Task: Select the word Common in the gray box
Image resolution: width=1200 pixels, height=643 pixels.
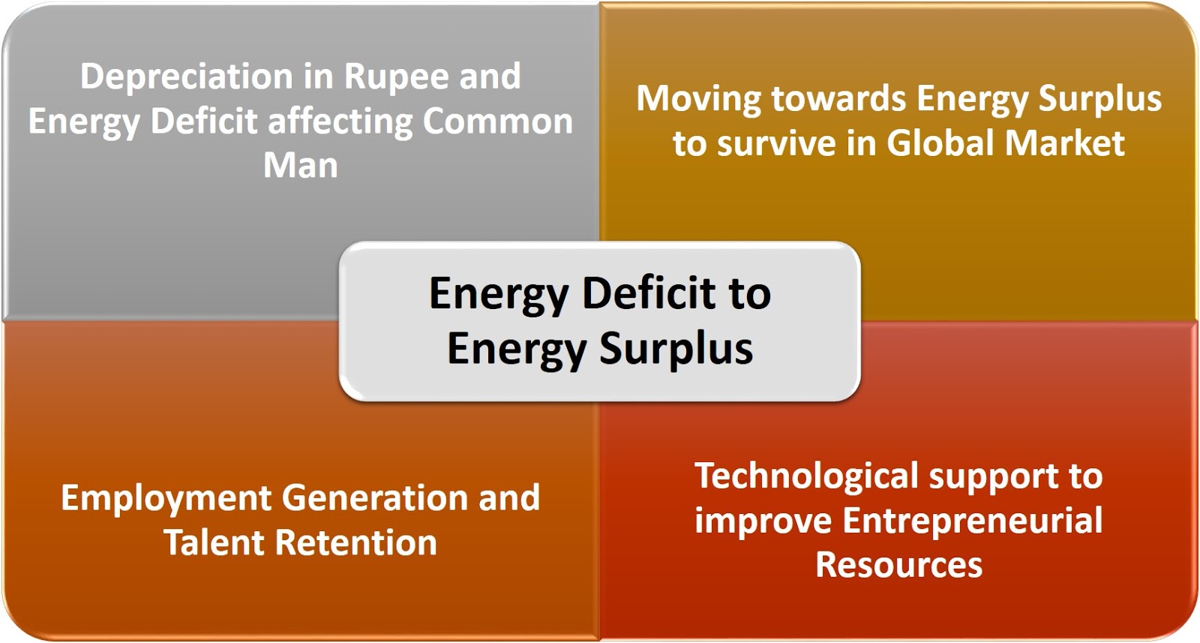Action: coord(498,122)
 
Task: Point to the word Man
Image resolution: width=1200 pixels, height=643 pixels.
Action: coord(300,166)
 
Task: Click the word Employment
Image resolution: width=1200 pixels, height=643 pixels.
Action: coord(166,499)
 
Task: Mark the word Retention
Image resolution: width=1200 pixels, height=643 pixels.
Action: coord(356,542)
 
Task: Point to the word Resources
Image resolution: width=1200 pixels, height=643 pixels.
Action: coord(898,565)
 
